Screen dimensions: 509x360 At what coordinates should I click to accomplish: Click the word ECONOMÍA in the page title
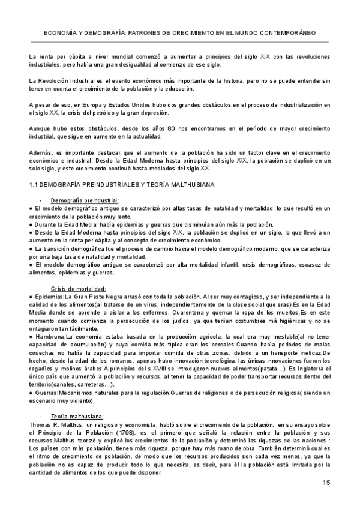pyautogui.click(x=62, y=33)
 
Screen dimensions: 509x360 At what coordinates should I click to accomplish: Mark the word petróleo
pyautogui.click(x=123, y=112)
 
